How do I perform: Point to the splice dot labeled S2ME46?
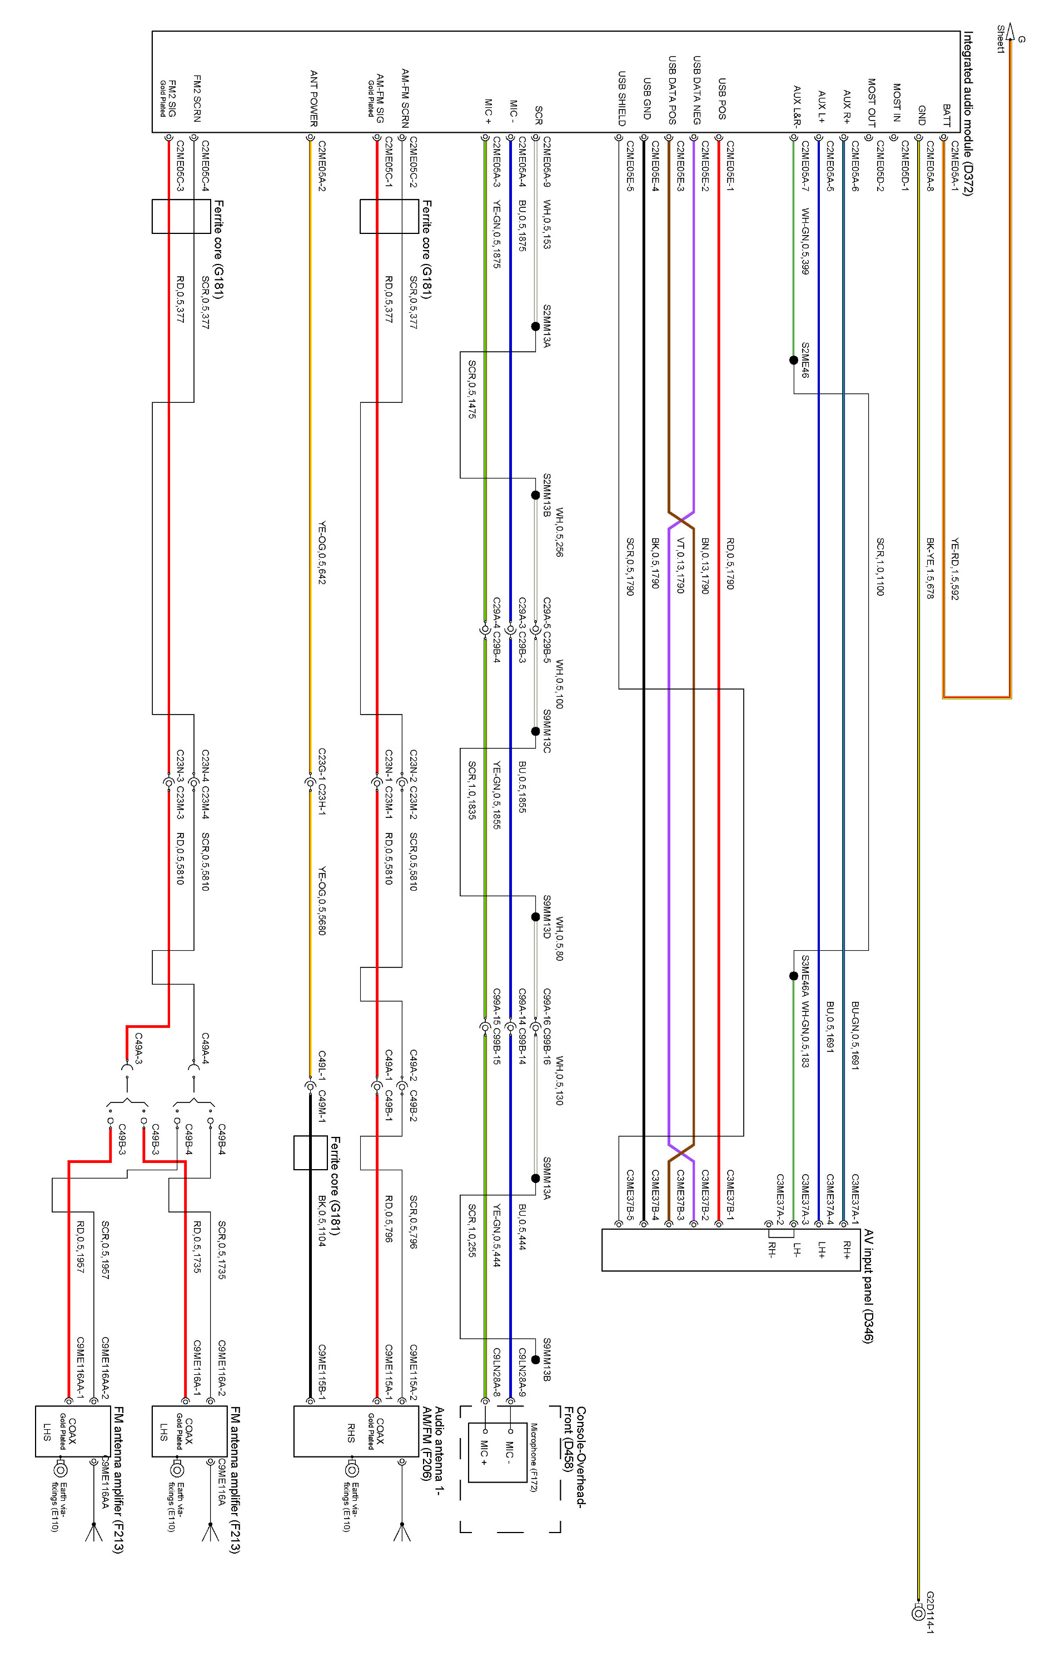pos(794,360)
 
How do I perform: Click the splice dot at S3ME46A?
pos(794,976)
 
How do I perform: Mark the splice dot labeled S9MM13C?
pos(535,731)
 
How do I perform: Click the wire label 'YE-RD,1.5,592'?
pos(954,568)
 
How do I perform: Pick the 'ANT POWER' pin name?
pos(313,98)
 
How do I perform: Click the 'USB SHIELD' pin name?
pos(622,98)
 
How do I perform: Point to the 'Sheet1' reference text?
pos(1000,39)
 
